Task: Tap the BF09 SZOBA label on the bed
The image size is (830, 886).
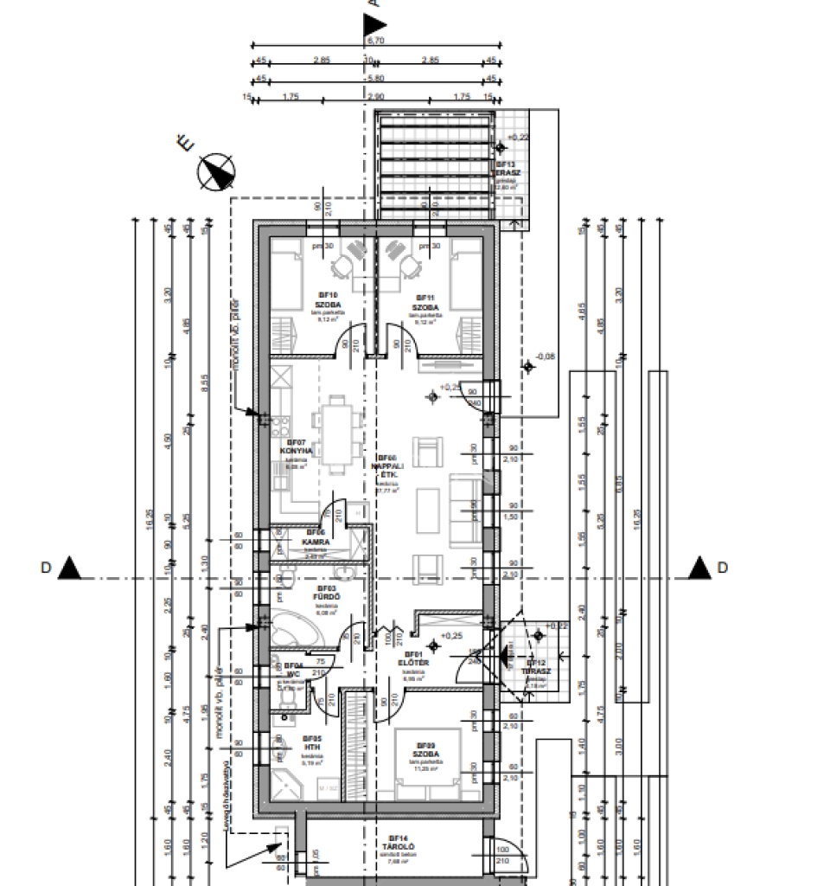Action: pos(425,750)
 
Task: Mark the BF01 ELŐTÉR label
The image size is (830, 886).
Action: pos(409,659)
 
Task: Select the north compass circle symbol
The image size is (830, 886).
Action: pos(216,172)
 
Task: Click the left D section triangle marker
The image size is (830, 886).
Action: pos(71,568)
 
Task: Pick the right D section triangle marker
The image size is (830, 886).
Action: pos(699,568)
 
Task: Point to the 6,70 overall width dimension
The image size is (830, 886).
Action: pos(375,40)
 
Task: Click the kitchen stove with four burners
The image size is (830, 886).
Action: pos(281,426)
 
